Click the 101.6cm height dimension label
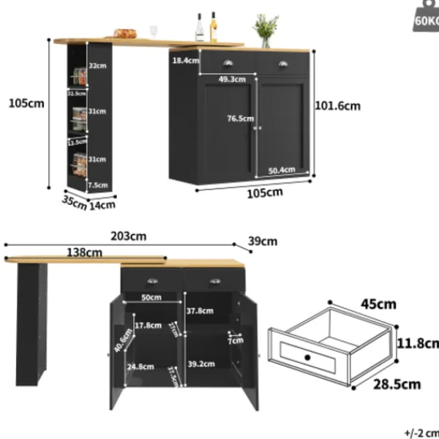click(337, 105)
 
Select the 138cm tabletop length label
click(85, 252)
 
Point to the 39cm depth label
click(263, 241)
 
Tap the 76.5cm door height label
click(240, 119)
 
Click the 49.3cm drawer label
click(231, 79)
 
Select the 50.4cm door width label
click(281, 170)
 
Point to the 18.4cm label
click(185, 60)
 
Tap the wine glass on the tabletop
click(154, 31)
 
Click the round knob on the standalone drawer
click(307, 357)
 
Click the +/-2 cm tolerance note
click(421, 432)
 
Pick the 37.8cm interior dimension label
click(199, 310)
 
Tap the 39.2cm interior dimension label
click(200, 363)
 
